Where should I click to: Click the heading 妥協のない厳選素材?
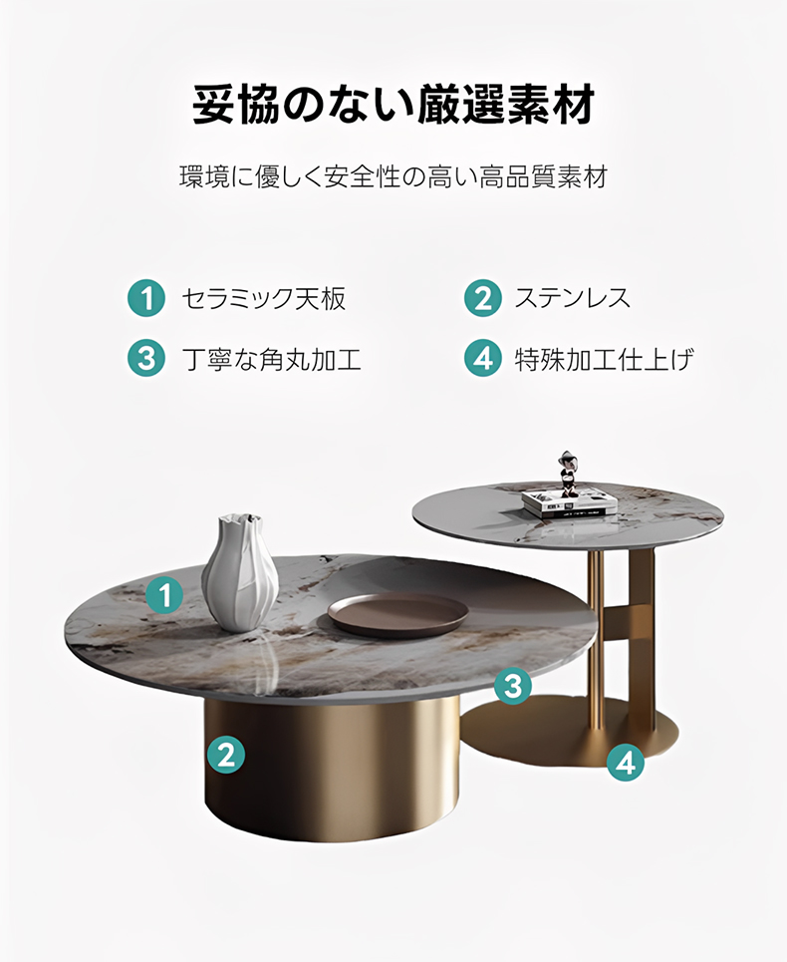pos(393,105)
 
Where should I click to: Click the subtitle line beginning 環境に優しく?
pos(393,176)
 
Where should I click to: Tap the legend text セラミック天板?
pos(264,299)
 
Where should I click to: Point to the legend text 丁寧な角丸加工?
pos(272,359)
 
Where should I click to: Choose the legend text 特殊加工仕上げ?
pos(605,359)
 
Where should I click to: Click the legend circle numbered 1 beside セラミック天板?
pos(146,298)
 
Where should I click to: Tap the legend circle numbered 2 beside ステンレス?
pos(483,298)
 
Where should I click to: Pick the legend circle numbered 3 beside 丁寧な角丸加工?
pos(146,358)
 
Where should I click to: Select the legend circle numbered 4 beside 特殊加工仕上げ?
pos(483,358)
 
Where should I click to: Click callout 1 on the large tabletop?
pos(165,595)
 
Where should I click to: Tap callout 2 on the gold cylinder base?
pos(226,754)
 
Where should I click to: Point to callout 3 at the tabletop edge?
pos(513,685)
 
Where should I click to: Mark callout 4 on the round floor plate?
pos(626,764)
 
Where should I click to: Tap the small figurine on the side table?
pos(568,474)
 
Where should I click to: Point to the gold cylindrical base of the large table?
pos(332,768)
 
